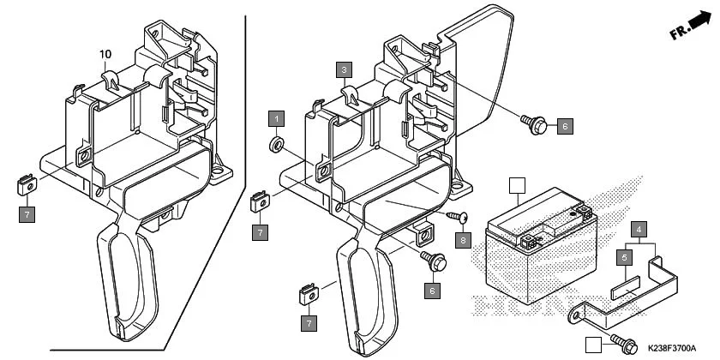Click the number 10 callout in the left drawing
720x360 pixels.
tap(106, 54)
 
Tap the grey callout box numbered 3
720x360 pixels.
tap(344, 69)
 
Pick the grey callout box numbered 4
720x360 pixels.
tap(639, 229)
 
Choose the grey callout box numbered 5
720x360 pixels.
tap(625, 256)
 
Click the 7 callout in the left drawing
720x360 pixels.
tap(27, 215)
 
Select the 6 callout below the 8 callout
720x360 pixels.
tap(433, 290)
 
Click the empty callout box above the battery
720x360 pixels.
tap(516, 185)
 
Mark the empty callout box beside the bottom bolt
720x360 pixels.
tap(592, 345)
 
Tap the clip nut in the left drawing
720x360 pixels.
tap(26, 183)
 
